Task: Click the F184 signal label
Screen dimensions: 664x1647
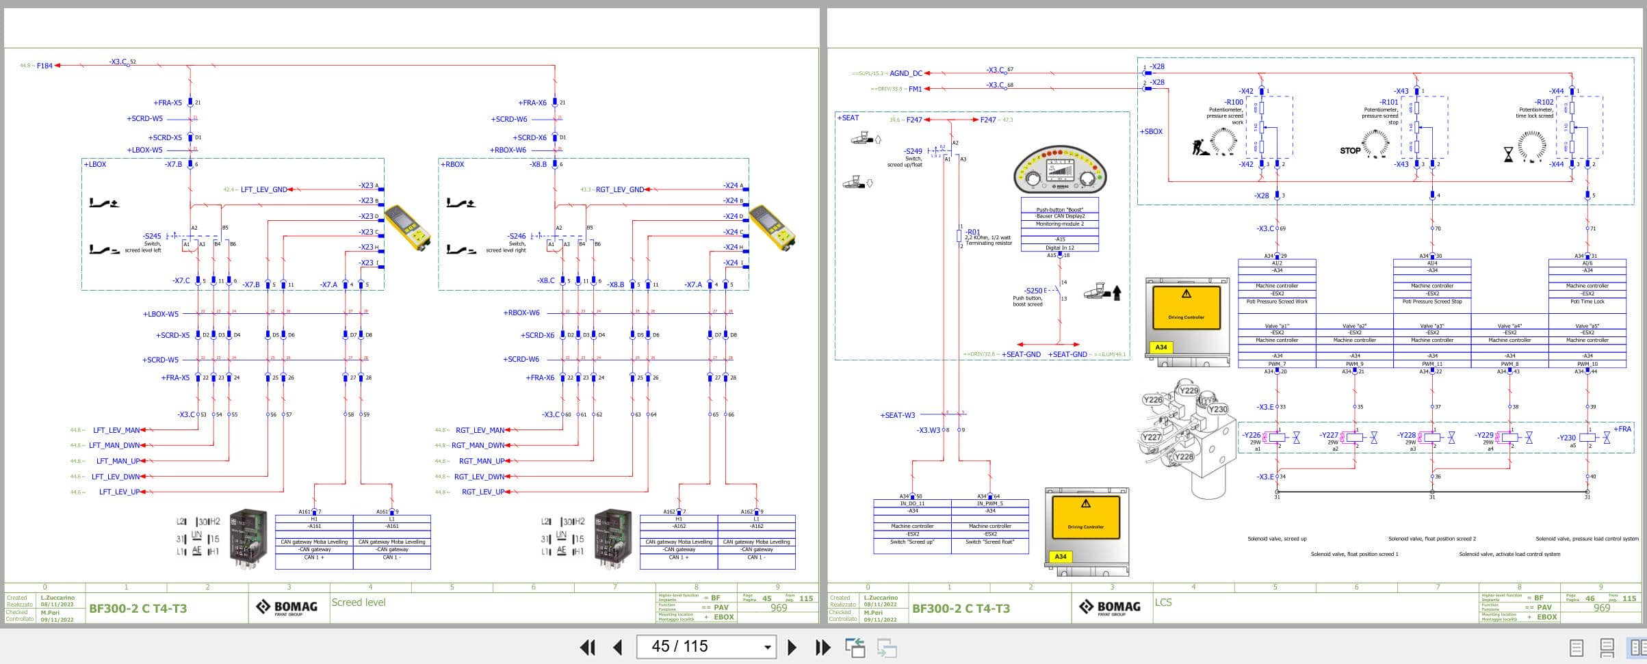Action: tap(44, 66)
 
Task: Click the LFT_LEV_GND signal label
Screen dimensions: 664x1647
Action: tap(263, 189)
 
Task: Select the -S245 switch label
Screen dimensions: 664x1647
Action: tap(152, 236)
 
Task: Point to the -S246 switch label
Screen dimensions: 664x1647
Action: tap(517, 236)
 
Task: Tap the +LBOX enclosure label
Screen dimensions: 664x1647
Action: tap(95, 165)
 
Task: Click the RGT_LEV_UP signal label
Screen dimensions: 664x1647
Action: tap(482, 492)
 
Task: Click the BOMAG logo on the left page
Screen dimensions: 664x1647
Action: tap(287, 607)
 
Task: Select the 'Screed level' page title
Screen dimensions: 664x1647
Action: tap(359, 602)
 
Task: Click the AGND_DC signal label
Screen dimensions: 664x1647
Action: tap(905, 73)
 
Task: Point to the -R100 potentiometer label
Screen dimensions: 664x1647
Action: tap(1234, 103)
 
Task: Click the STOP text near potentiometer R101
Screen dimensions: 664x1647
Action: tap(1349, 151)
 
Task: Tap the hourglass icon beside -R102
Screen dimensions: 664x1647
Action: tap(1508, 155)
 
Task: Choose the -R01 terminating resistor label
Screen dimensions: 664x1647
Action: tap(972, 232)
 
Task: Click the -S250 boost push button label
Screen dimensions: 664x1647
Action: tap(1033, 291)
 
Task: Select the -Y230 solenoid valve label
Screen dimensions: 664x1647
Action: tap(1566, 438)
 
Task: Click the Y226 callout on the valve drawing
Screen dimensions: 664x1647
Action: tap(1153, 400)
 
